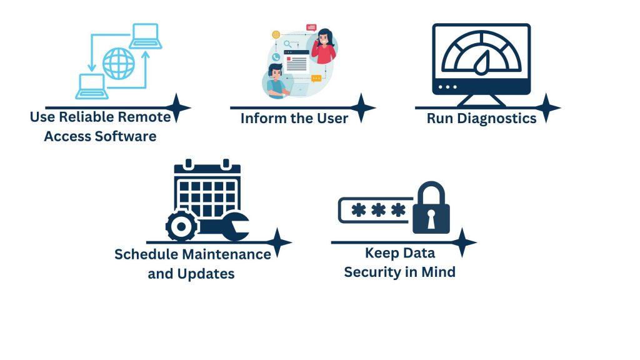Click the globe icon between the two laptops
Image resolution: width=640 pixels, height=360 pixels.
point(119,63)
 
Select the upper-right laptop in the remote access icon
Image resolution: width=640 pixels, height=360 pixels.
point(146,36)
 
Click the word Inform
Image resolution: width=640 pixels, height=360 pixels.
point(259,118)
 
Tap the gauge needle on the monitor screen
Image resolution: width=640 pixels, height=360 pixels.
point(481,61)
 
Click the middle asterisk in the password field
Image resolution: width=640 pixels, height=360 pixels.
point(378,211)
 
